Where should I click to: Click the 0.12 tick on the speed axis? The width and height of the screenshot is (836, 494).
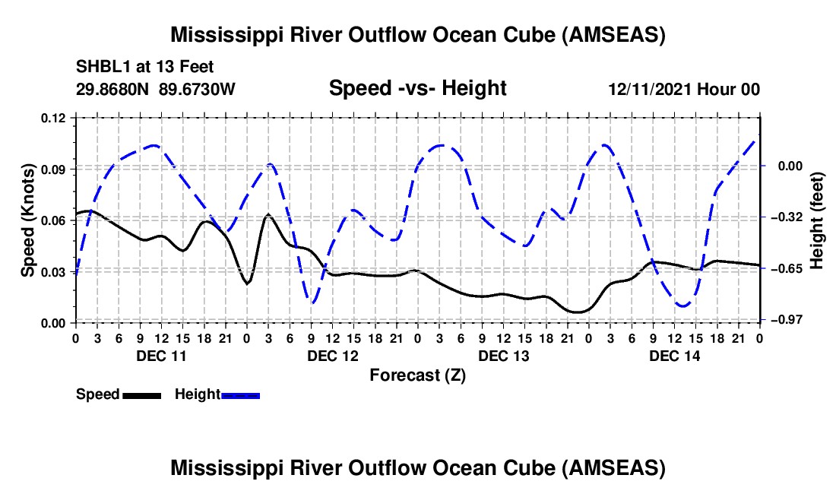[x=55, y=118]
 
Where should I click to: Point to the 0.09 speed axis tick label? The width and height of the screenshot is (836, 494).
[x=55, y=169]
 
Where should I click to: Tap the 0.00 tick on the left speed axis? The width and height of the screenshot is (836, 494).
[x=55, y=323]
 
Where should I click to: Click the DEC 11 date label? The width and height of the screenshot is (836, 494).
[x=160, y=356]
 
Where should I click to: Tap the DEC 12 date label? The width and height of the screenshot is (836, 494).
[x=333, y=356]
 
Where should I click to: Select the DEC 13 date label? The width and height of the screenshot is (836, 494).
[x=504, y=356]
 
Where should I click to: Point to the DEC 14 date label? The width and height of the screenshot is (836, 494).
[x=675, y=356]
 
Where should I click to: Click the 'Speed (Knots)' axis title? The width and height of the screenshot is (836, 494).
[x=28, y=220]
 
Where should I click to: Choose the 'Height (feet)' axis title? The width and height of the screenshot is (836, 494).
[x=818, y=220]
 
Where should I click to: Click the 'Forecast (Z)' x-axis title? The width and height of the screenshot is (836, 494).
[x=417, y=375]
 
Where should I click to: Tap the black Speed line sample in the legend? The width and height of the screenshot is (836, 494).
[x=141, y=394]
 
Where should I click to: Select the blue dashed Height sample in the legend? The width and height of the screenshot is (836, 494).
[x=241, y=394]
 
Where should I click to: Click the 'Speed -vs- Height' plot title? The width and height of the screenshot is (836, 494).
[x=417, y=88]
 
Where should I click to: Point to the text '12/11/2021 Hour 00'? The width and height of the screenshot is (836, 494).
[x=684, y=90]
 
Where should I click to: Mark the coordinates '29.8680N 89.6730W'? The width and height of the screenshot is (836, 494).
[x=156, y=90]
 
